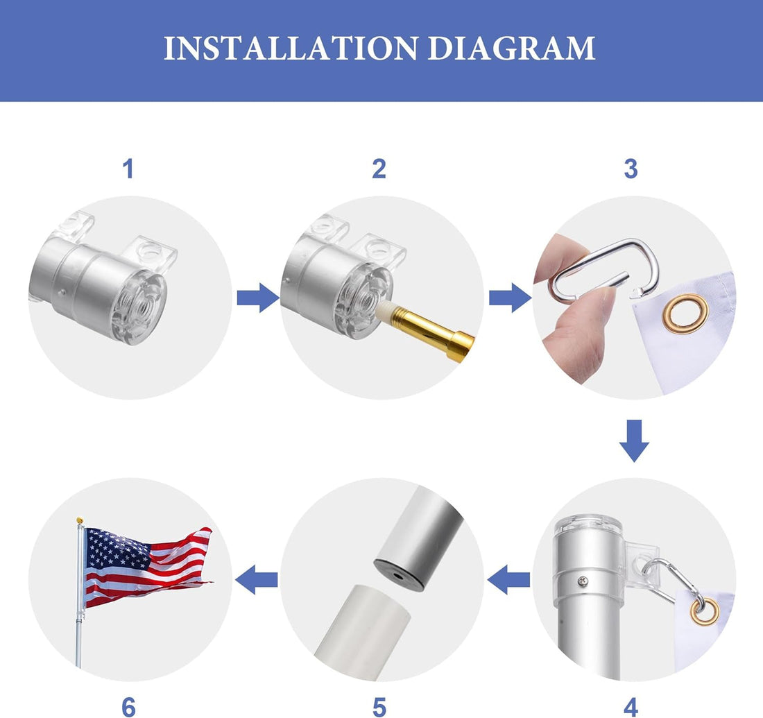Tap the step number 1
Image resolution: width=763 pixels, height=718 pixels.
[x=128, y=169]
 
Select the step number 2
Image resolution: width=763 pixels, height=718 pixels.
[x=379, y=169]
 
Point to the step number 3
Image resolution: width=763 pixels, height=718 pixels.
[x=631, y=169]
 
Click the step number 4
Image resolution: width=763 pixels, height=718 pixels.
[x=631, y=707]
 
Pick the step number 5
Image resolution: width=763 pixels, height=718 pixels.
[x=379, y=707]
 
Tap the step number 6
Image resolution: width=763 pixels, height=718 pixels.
[x=128, y=707]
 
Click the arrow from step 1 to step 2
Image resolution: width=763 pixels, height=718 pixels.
[x=259, y=298]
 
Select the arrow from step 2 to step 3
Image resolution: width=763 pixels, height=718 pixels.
[x=510, y=298]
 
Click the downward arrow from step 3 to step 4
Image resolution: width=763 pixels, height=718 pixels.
[x=634, y=441]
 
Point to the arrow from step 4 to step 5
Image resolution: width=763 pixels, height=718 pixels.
[x=508, y=579]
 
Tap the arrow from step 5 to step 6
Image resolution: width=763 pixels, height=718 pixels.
[x=257, y=579]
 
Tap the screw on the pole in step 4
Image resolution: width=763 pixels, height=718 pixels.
[x=583, y=581]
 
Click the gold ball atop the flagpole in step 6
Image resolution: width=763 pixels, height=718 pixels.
[x=80, y=521]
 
